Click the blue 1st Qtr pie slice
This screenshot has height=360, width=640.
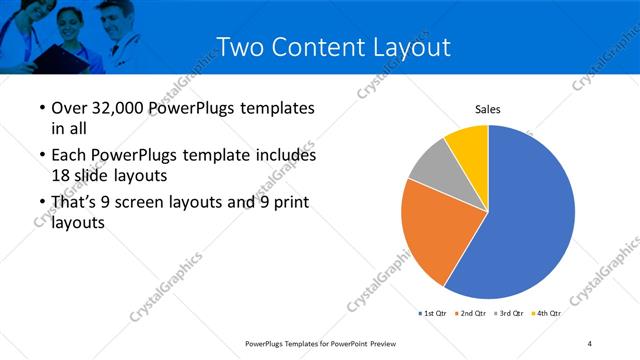click(530, 220)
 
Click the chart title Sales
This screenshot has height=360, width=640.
click(487, 109)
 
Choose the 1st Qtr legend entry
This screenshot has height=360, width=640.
click(434, 313)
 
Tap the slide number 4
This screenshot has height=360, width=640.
click(590, 343)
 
